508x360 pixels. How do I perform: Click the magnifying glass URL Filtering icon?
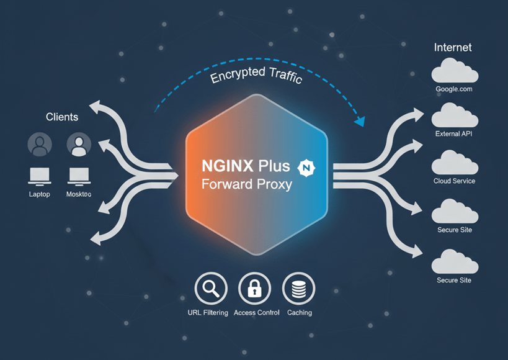pyautogui.click(x=211, y=289)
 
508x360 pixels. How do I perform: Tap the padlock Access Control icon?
pyautogui.click(x=254, y=289)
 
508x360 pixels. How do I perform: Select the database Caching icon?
pyautogui.click(x=298, y=289)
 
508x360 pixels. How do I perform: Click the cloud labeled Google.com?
pyautogui.click(x=454, y=71)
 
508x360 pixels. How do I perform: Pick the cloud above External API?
pyautogui.click(x=454, y=115)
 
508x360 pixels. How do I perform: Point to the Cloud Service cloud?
pyautogui.click(x=454, y=163)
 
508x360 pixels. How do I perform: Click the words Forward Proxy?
pyautogui.click(x=246, y=184)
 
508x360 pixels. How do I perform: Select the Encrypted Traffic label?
pyautogui.click(x=256, y=77)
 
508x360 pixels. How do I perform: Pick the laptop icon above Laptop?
pyautogui.click(x=39, y=176)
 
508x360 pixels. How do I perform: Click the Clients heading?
pyautogui.click(x=62, y=117)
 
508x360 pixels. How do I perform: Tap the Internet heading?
pyautogui.click(x=453, y=47)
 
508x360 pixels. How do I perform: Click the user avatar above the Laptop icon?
pyautogui.click(x=39, y=145)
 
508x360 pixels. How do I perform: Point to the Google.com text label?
pyautogui.click(x=454, y=89)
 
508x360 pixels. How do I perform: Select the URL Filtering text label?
pyautogui.click(x=208, y=313)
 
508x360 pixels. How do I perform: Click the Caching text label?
pyautogui.click(x=300, y=313)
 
